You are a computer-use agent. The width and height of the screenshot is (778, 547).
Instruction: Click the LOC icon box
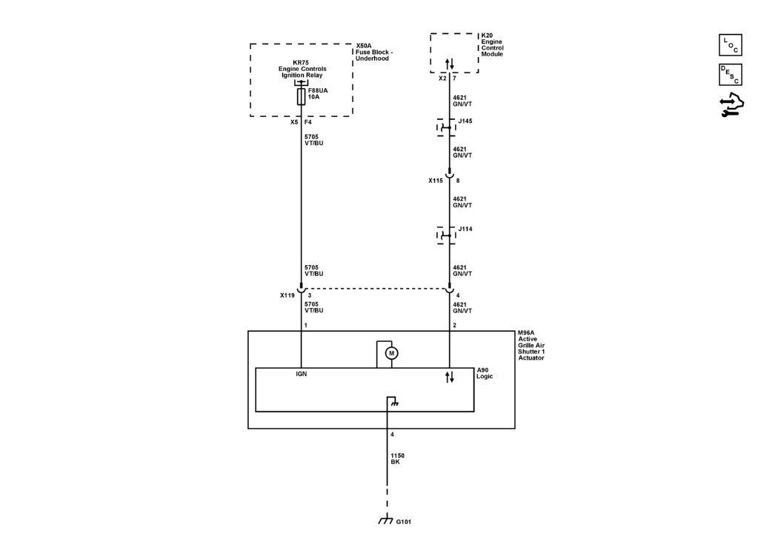[731, 45]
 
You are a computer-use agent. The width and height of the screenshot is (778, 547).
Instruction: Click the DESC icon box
[731, 75]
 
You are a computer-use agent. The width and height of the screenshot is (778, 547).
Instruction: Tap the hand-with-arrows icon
[731, 105]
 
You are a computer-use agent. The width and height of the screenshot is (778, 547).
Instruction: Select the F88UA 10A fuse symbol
[301, 97]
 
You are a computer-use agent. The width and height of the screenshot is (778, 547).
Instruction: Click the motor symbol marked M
[391, 353]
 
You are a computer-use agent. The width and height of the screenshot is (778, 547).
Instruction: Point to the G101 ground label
[403, 522]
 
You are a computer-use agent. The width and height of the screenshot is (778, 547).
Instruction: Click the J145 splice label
[465, 121]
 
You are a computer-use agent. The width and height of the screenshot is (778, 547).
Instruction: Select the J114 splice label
[465, 229]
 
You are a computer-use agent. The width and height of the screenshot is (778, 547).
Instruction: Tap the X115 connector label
[436, 181]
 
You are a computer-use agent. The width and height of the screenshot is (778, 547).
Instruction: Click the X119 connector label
[287, 295]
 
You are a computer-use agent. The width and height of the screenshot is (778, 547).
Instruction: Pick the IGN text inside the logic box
[301, 374]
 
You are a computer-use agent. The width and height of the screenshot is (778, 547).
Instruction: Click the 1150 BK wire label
[397, 459]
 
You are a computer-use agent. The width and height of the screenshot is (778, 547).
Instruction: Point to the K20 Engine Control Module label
[492, 44]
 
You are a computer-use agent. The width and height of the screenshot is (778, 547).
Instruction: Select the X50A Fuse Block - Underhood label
[374, 52]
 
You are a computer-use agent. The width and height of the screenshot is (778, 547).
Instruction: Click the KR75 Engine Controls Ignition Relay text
[302, 69]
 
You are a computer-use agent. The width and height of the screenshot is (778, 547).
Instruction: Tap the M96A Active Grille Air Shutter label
[531, 346]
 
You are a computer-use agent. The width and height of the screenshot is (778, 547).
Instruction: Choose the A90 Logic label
[485, 373]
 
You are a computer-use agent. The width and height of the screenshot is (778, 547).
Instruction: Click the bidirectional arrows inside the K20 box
[450, 64]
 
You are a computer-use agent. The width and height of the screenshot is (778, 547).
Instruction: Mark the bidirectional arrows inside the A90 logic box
[450, 377]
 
